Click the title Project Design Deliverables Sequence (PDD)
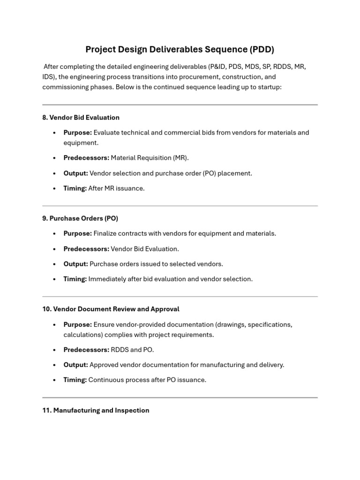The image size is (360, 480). [180, 50]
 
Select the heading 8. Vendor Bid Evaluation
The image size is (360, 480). [81, 118]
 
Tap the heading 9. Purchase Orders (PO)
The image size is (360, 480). [80, 218]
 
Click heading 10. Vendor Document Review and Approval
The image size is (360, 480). [111, 309]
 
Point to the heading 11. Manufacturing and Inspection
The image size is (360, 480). [96, 411]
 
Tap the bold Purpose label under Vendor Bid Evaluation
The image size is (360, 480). [77, 133]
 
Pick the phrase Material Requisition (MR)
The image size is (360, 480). [150, 158]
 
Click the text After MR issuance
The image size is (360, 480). [116, 188]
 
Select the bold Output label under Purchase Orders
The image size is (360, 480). [75, 264]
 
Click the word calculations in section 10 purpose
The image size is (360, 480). [82, 335]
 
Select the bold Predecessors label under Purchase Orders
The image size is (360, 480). [86, 249]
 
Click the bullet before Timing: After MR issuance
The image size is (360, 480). [54, 188]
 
